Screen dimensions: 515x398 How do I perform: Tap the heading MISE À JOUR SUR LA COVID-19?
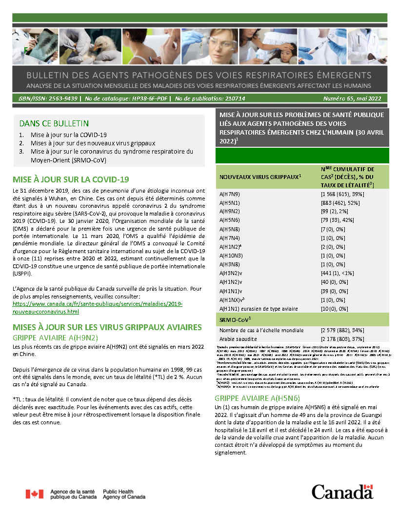pyautogui.click(x=71, y=179)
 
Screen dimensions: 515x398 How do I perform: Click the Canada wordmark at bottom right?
pyautogui.click(x=342, y=492)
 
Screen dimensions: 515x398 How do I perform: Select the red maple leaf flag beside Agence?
pyautogui.click(x=35, y=494)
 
